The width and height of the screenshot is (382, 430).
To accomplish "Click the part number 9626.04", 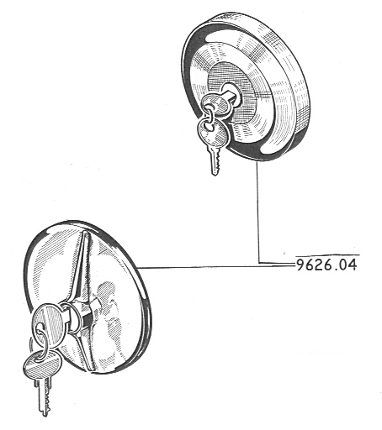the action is [326, 265].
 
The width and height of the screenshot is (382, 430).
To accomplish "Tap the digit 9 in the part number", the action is [301, 265].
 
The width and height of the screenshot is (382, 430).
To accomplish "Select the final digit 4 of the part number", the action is [353, 265].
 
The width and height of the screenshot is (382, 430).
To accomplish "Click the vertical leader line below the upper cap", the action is [257, 212].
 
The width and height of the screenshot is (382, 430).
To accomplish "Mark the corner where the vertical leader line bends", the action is [258, 263].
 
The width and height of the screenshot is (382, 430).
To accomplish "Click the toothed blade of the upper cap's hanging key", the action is [215, 160].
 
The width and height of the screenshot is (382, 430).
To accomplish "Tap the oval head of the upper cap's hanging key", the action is [213, 131].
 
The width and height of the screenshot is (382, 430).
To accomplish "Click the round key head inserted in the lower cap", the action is [46, 318].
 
